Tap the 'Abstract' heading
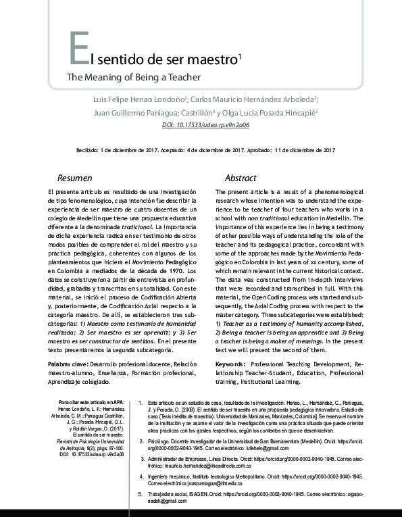[x=241, y=178]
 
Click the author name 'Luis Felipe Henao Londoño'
[x=139, y=99]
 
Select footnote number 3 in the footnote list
[x=140, y=460]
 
